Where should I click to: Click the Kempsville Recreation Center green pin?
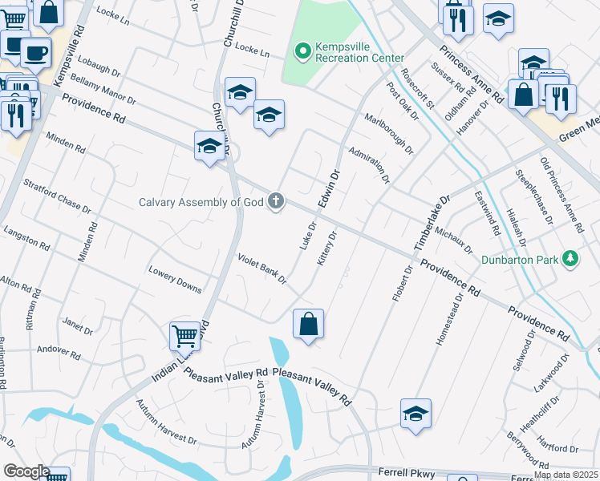pos(302,52)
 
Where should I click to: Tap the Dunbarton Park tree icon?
pos(570,259)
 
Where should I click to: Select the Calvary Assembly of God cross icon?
pos(275,200)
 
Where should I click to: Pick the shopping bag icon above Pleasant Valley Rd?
pos(308,325)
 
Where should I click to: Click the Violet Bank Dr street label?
pos(261,268)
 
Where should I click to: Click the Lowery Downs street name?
pos(175,277)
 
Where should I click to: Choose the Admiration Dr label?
pos(369,164)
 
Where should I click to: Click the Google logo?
pos(26,471)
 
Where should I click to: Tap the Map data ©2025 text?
pos(566,475)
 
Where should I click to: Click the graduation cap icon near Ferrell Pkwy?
pos(416,414)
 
